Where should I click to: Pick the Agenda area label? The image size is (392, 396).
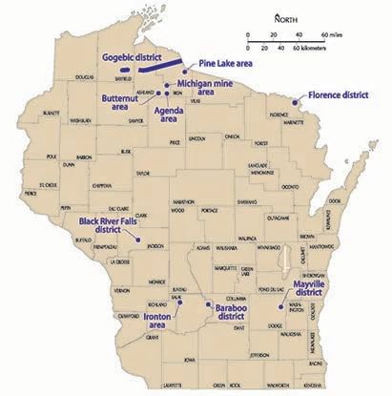(167, 115)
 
